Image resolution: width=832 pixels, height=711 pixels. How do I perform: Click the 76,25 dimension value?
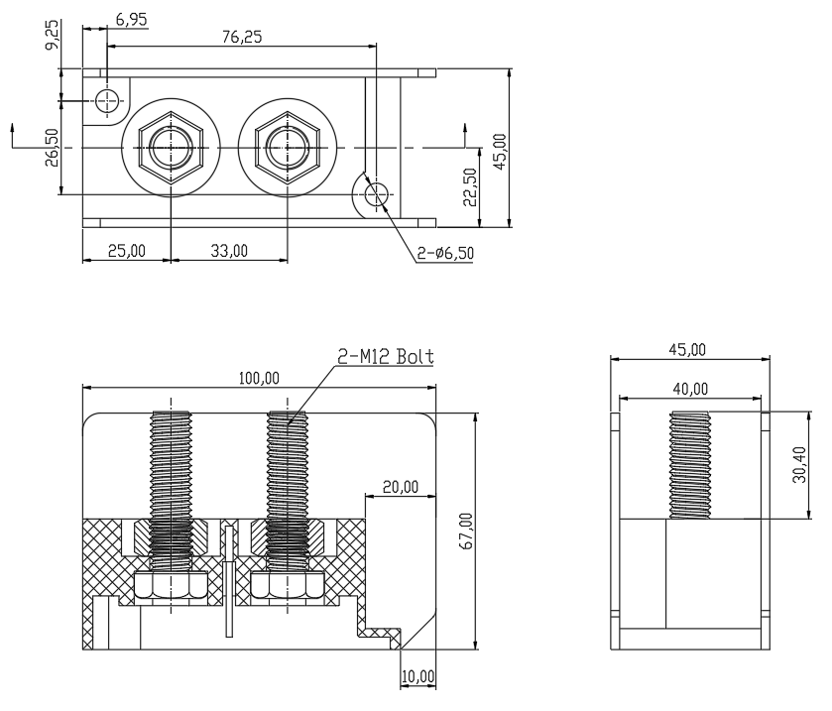point(242,37)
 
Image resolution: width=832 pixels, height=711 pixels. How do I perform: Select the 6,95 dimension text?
point(131,20)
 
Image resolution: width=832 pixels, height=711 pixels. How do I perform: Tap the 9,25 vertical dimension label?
point(52,36)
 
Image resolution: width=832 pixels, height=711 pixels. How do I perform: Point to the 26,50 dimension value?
point(52,148)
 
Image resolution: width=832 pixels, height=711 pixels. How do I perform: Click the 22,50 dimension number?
point(470,186)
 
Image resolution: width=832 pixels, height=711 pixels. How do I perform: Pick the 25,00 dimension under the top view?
point(127,251)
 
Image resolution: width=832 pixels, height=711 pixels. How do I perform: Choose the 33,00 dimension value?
point(229,251)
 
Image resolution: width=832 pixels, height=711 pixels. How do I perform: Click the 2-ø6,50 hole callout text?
point(445,253)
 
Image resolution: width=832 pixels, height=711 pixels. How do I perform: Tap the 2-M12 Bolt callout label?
point(386,356)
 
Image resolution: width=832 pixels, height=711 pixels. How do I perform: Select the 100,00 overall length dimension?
point(259,379)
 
